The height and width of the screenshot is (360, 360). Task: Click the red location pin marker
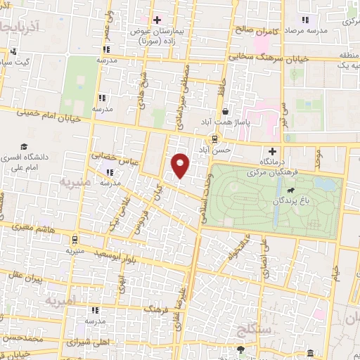tap(181, 164)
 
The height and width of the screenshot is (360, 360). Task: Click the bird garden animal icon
tap(289, 189)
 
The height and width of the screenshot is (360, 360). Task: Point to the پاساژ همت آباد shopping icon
tap(224, 110)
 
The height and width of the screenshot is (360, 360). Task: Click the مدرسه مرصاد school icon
tap(304, 20)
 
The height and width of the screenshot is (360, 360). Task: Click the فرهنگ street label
tap(157, 309)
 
